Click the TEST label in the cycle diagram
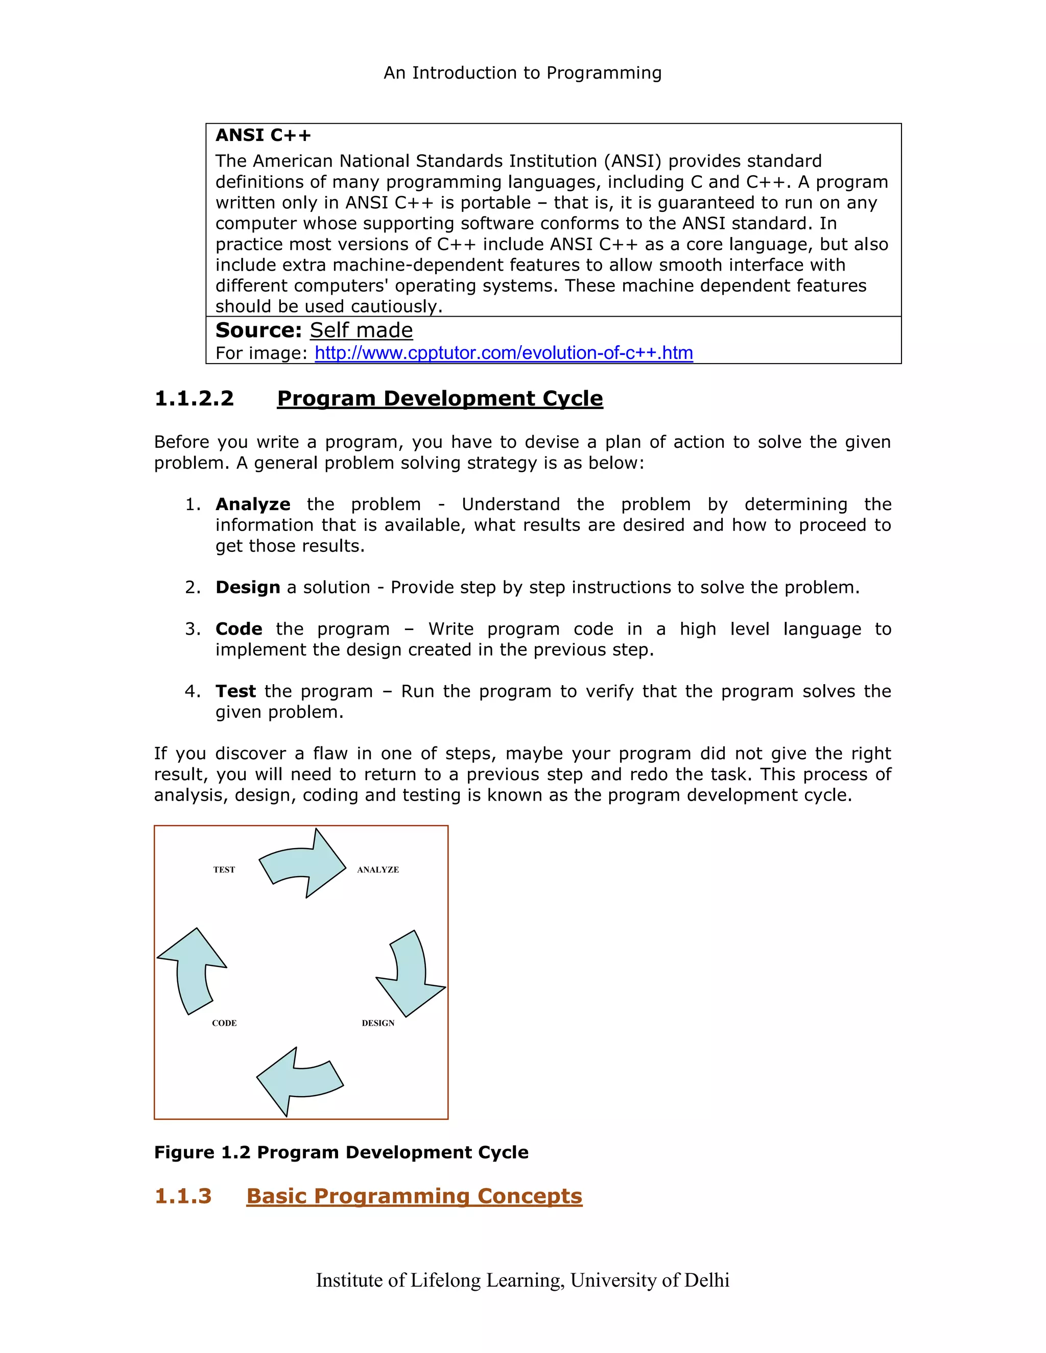[224, 870]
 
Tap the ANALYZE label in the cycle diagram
[377, 870]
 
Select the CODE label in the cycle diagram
[224, 1023]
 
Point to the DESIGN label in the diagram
[378, 1023]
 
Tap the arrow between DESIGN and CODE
[300, 1081]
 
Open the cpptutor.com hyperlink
[503, 353]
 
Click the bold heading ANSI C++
[263, 135]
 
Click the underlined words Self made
[361, 330]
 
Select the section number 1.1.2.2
[194, 398]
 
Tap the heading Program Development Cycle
[439, 398]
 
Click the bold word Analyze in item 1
[253, 504]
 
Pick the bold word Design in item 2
[247, 587]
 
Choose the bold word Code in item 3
[239, 629]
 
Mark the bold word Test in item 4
[235, 691]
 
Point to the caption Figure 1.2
[341, 1152]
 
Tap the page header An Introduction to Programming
[522, 73]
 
